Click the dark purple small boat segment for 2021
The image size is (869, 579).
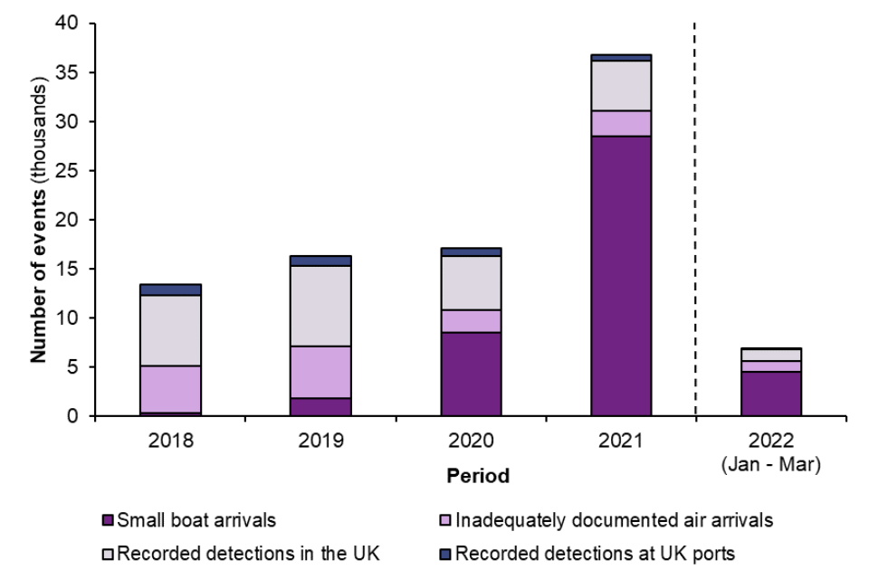click(x=621, y=276)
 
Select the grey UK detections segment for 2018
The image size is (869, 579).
click(x=171, y=330)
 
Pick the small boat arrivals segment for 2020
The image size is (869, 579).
click(x=471, y=374)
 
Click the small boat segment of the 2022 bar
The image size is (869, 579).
click(x=770, y=394)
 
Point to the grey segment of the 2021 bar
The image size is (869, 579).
click(x=621, y=85)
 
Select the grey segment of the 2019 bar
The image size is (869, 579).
click(x=320, y=306)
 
